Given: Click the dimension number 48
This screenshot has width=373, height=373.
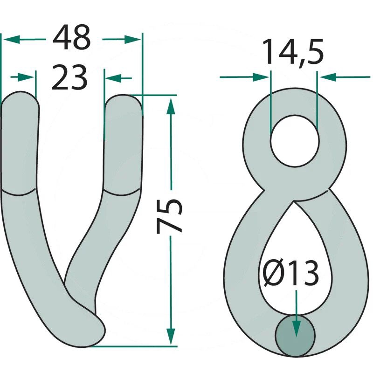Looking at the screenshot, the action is [72, 37].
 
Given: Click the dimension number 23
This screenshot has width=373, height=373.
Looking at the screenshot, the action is [69, 77].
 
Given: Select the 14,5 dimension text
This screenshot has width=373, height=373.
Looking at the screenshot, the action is [293, 52].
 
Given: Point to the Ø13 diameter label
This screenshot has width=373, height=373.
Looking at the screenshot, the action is [291, 273].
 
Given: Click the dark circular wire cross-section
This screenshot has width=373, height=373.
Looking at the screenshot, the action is [295, 336].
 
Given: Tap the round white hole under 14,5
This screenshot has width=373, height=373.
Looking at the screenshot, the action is [295, 141].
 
